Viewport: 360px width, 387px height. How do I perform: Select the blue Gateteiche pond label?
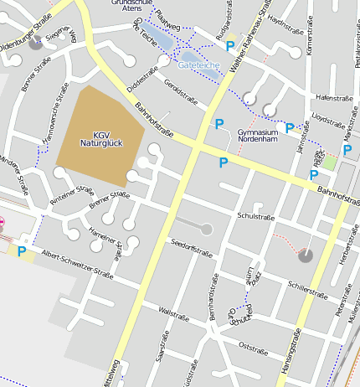pos(198,64)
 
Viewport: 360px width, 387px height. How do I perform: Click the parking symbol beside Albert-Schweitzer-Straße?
pos(22,250)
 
